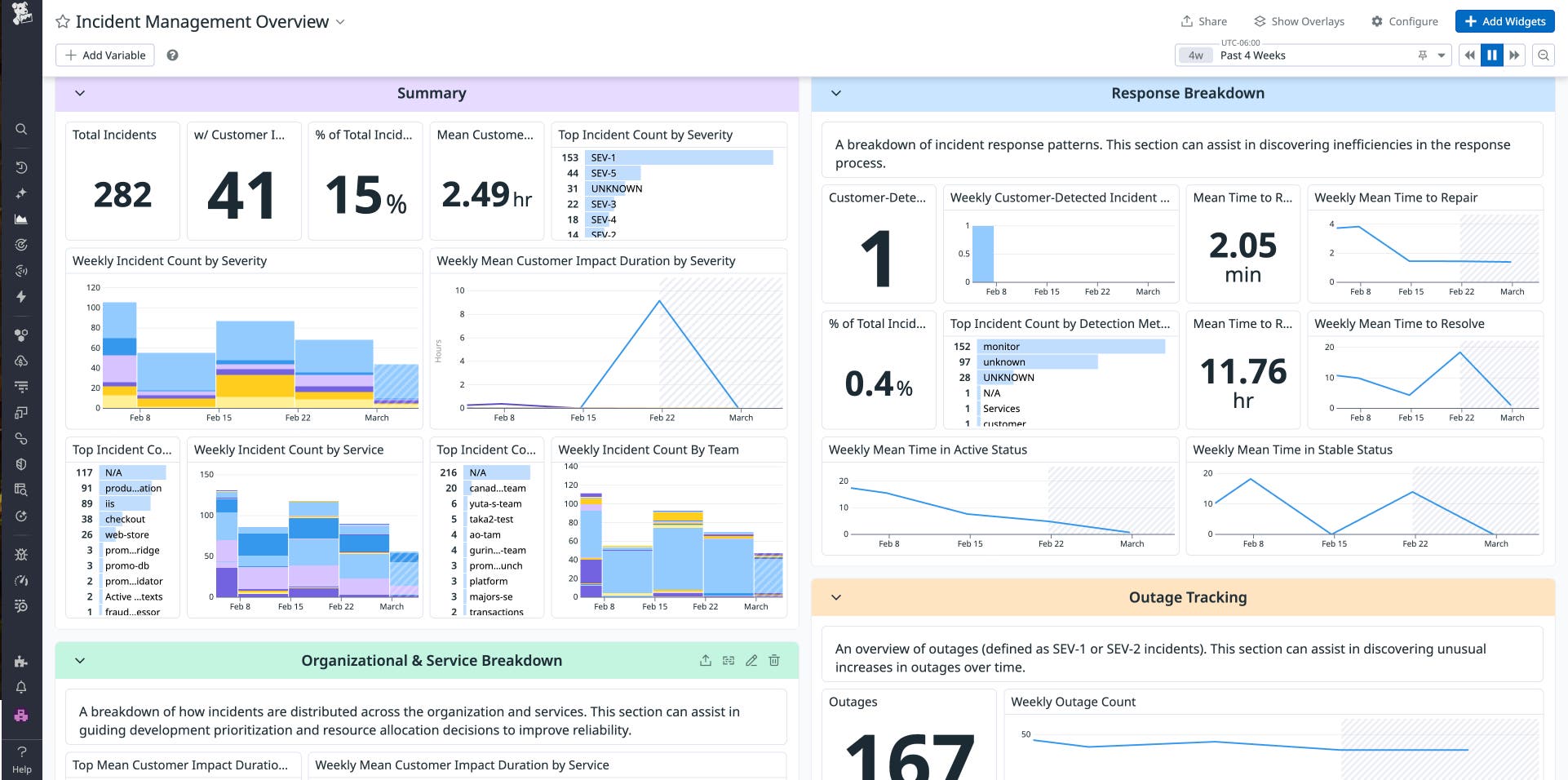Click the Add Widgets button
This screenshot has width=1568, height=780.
1505,21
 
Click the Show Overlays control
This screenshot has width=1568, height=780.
1299,21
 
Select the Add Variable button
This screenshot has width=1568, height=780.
105,55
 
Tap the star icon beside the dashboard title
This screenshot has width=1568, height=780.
63,22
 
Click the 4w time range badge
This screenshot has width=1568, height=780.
1195,55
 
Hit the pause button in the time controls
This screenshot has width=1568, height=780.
1492,55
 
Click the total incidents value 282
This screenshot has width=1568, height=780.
122,195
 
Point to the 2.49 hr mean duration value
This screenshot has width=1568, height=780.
486,195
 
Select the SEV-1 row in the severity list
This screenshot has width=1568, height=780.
603,157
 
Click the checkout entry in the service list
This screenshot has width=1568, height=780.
125,519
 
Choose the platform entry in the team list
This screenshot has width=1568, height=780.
488,581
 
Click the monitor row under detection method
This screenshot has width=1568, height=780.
1001,347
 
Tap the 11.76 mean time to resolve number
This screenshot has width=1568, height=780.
1242,372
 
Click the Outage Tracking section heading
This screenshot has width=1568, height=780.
1187,597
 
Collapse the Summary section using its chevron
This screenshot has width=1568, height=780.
80,93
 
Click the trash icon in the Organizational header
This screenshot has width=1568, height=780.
774,660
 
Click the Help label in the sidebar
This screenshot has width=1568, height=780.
22,769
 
